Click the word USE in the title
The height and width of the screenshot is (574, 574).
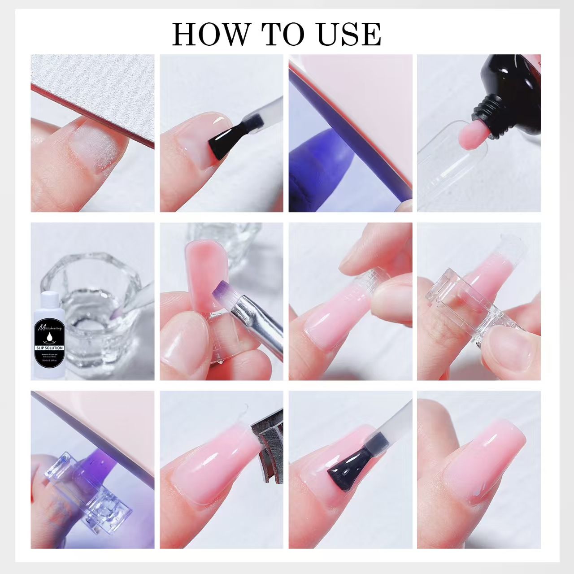(x=350, y=34)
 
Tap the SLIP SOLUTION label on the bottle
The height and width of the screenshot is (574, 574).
(x=49, y=348)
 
